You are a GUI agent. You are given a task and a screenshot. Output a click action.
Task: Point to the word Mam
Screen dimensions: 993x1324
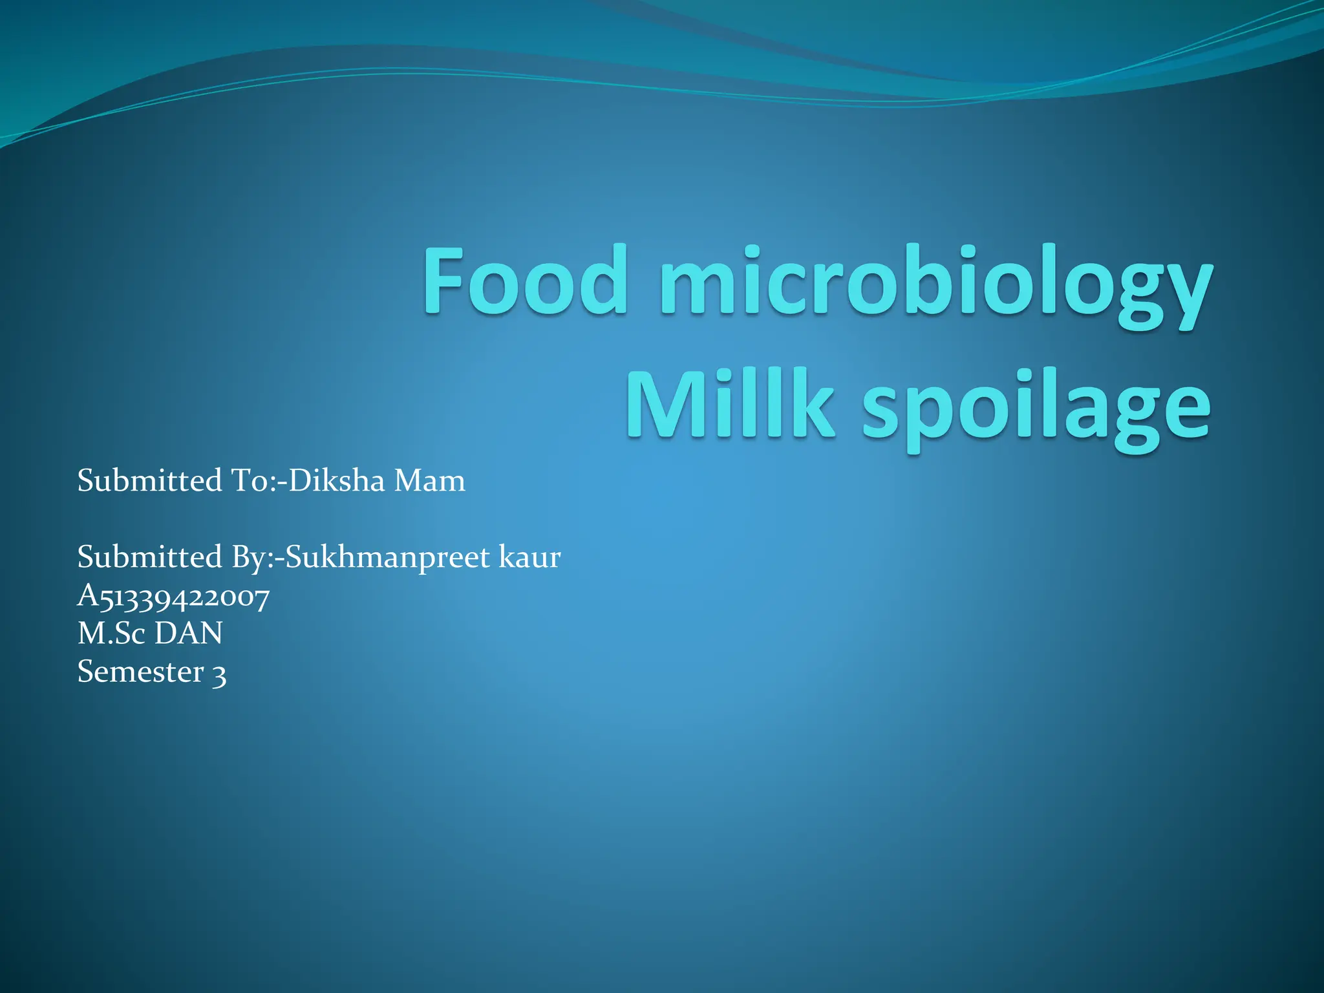429,480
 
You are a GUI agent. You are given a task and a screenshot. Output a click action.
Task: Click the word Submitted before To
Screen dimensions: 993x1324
149,480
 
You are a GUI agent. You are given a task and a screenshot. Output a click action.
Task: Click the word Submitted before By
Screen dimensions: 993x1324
149,557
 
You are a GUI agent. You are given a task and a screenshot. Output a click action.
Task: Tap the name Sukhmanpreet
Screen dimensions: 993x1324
388,558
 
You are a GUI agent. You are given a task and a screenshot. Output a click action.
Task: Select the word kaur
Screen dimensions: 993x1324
529,557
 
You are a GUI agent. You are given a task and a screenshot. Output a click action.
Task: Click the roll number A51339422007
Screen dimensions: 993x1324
173,596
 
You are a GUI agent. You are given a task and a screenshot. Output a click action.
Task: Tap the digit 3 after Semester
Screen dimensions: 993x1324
220,673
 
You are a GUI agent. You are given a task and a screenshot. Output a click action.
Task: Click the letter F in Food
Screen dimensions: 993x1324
446,281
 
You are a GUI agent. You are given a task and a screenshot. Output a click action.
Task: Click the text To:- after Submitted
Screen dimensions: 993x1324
256,480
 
